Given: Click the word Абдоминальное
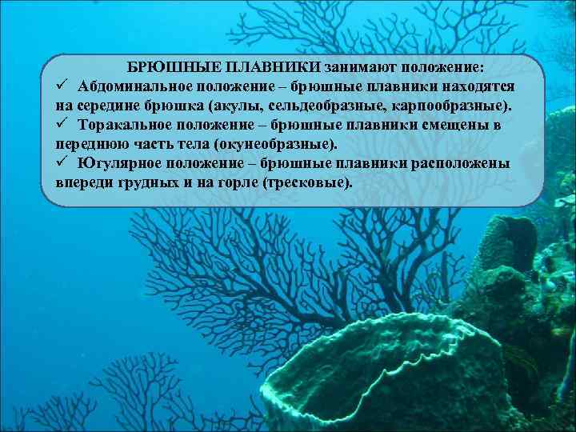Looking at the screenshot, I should pyautogui.click(x=136, y=86).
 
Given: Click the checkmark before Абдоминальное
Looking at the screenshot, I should pyautogui.click(x=63, y=86).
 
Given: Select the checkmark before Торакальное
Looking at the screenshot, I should pyautogui.click(x=63, y=126).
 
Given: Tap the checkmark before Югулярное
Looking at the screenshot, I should pyautogui.click(x=63, y=164).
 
